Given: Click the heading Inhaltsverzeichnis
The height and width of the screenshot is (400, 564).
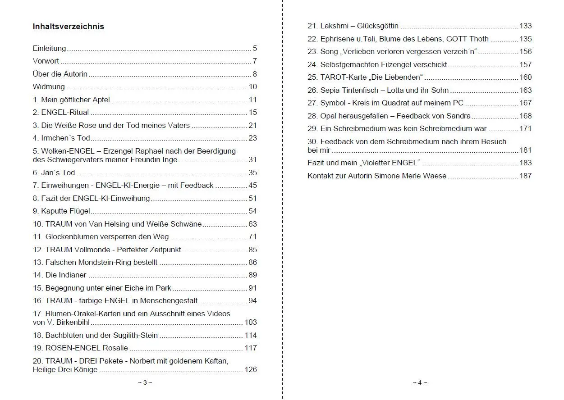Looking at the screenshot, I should coord(69,27).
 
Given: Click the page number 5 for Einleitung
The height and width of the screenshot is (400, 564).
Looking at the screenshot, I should coord(255,49).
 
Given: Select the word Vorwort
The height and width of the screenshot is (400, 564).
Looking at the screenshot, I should coord(46,61).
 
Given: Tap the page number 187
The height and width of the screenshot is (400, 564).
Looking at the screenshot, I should coord(526,176).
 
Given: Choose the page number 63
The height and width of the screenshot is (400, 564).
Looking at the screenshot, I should coord(252,224).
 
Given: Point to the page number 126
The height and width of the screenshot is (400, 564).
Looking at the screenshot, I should coord(251,370).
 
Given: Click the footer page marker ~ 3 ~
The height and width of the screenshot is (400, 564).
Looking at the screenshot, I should coord(145,383).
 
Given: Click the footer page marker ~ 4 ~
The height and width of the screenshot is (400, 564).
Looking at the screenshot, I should coord(420,383).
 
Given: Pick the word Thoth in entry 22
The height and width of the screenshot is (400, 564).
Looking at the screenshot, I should coord(479,39).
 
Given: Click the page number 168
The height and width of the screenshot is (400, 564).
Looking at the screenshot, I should coord(526,116).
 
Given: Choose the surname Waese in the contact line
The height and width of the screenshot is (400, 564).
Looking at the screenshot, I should coord(435,176).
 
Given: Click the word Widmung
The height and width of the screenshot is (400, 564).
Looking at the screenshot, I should coord(49,87).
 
